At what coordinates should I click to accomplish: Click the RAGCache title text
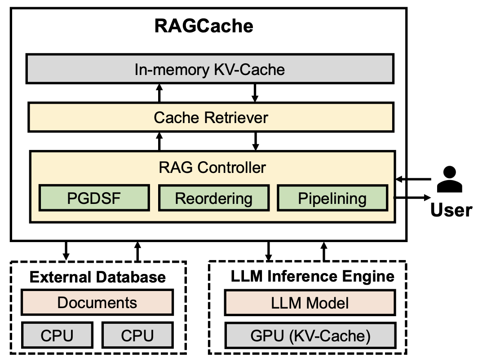[204, 26]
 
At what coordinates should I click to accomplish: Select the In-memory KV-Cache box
[210, 69]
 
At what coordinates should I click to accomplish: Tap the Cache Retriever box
[211, 117]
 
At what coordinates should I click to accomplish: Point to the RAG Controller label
[212, 168]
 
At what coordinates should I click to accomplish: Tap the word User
[451, 210]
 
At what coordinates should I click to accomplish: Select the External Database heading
[97, 277]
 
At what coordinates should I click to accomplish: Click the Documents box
[97, 302]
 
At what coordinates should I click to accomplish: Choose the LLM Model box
[310, 303]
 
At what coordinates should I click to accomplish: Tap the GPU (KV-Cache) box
[310, 336]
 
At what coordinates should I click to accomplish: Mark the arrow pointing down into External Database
[66, 251]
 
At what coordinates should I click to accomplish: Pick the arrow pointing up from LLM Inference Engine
[323, 251]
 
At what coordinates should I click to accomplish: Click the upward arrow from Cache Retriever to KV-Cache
[159, 93]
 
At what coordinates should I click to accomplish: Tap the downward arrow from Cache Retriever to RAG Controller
[256, 141]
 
